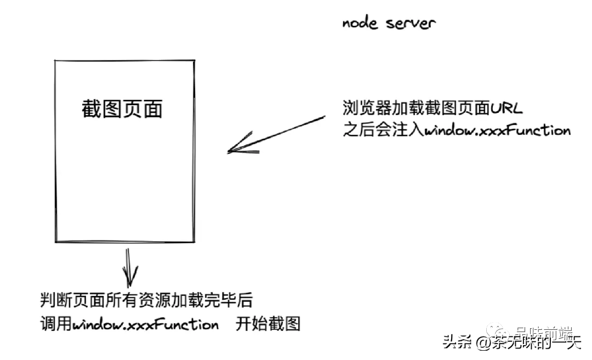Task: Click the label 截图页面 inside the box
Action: tap(122, 109)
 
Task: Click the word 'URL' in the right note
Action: tap(506, 108)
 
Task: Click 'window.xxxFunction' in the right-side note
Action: tap(498, 131)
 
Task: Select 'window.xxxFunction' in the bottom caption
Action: tap(146, 324)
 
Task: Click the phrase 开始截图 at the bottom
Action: tap(269, 324)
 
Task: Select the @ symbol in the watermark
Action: tap(482, 344)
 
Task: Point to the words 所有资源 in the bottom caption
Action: tap(155, 301)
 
